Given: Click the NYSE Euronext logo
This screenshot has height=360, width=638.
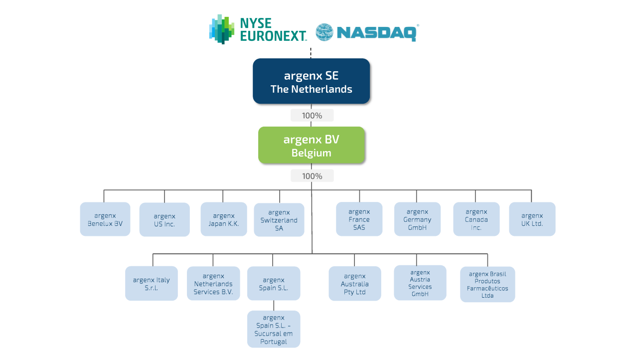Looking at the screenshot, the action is pyautogui.click(x=258, y=29).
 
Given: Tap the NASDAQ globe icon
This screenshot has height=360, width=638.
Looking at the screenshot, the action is pyautogui.click(x=324, y=32).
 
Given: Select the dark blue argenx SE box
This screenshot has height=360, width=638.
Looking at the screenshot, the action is pyautogui.click(x=312, y=81).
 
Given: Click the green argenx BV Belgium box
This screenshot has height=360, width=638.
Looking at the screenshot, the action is pyautogui.click(x=312, y=145).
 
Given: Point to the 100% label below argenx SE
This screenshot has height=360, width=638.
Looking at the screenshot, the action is pyautogui.click(x=312, y=115).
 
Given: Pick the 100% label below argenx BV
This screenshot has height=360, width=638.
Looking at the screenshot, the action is pyautogui.click(x=312, y=176).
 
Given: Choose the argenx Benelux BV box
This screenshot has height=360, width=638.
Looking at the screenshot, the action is pyautogui.click(x=105, y=219).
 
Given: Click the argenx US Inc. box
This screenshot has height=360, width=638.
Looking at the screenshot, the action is pyautogui.click(x=164, y=219).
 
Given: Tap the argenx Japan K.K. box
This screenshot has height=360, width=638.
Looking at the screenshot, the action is pyautogui.click(x=224, y=219).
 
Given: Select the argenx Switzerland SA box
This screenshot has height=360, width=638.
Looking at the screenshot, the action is pyautogui.click(x=279, y=220).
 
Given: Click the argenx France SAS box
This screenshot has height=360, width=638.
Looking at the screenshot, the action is pyautogui.click(x=359, y=219).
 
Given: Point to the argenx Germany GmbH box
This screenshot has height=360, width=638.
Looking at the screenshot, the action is pyautogui.click(x=417, y=219).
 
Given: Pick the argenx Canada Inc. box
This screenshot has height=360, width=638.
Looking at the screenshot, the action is pyautogui.click(x=476, y=219).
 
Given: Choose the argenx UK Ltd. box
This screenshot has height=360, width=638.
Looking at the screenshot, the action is pyautogui.click(x=532, y=219).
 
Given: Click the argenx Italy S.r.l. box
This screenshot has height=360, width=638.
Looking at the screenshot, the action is pyautogui.click(x=151, y=283).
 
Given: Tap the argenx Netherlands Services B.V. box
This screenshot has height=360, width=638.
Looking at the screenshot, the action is pyautogui.click(x=213, y=283).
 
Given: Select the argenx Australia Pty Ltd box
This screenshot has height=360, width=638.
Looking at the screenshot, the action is pyautogui.click(x=354, y=283).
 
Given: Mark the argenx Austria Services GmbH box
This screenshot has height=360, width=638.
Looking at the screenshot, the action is pyautogui.click(x=420, y=283).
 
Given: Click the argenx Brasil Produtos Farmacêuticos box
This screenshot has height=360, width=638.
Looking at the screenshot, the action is pyautogui.click(x=487, y=284).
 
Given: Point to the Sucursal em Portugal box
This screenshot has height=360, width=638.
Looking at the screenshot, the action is pyautogui.click(x=274, y=329).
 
